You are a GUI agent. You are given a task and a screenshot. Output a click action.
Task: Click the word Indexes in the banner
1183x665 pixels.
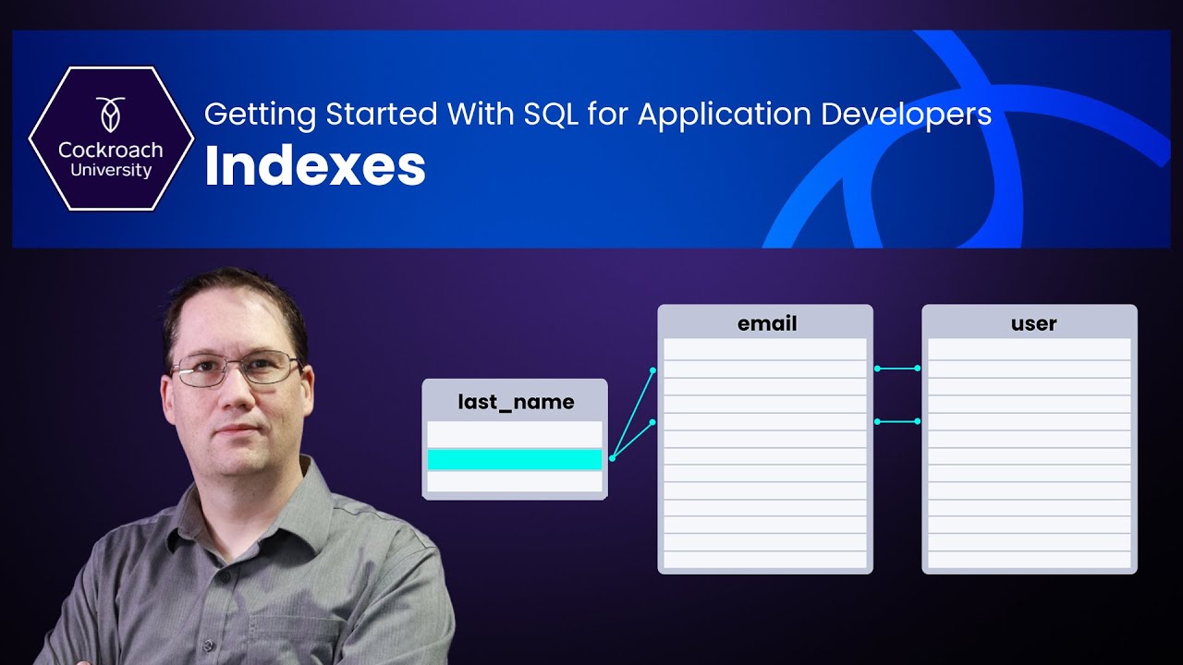(314, 167)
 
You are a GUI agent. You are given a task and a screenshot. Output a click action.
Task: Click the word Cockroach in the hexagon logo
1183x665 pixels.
(110, 150)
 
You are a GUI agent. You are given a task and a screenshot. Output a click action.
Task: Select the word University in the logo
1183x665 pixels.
(111, 171)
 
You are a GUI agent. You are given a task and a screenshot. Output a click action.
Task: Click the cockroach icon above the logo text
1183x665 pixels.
(110, 114)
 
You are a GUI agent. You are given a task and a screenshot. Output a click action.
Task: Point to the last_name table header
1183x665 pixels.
(516, 402)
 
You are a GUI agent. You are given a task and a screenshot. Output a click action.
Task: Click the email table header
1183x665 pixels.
(766, 323)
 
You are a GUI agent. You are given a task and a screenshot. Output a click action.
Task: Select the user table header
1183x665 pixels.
(1033, 323)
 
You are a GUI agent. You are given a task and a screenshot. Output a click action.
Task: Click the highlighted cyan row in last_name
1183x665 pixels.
(514, 459)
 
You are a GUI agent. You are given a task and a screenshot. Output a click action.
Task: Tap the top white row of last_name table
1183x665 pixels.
(514, 435)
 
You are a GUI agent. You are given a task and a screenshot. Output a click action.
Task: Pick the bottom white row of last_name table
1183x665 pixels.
(514, 481)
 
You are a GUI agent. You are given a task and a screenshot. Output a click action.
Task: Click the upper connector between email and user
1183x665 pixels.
(896, 369)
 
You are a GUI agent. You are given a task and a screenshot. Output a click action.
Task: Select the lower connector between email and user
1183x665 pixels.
(896, 421)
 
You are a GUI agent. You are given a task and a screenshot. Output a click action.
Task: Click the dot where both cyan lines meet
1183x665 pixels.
(612, 458)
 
